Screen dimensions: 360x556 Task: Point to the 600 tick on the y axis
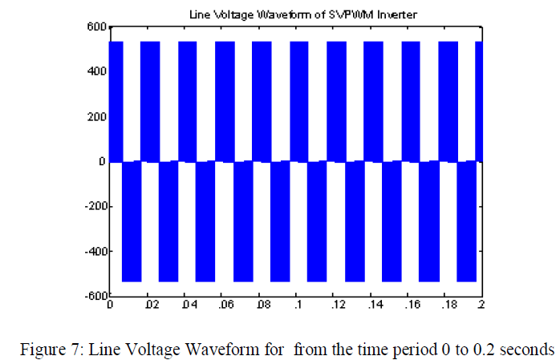pyautogui.click(x=96, y=26)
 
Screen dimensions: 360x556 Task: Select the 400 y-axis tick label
pyautogui.click(x=96, y=71)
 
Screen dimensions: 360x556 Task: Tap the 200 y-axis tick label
pyautogui.click(x=96, y=116)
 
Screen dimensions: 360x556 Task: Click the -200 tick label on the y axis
pyautogui.click(x=94, y=206)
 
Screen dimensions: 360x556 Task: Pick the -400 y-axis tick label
pyautogui.click(x=94, y=251)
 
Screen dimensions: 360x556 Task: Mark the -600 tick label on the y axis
pyautogui.click(x=94, y=296)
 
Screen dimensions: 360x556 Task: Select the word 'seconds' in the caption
pyautogui.click(x=526, y=350)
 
